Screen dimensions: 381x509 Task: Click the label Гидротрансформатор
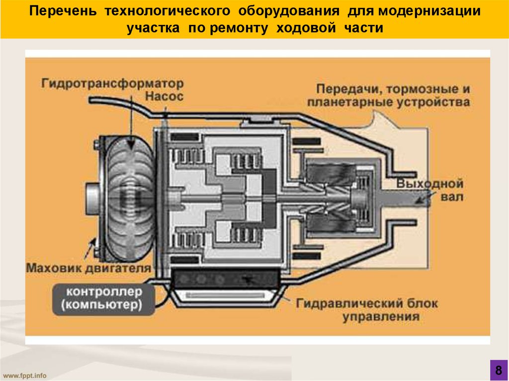click(112, 82)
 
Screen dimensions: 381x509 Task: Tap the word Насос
click(164, 96)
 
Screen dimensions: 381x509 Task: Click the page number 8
click(497, 370)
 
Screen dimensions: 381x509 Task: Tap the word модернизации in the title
click(431, 11)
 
